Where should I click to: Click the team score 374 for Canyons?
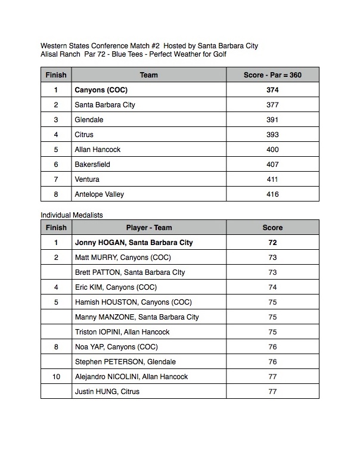pos(272,90)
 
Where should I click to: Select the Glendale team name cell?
pos(89,120)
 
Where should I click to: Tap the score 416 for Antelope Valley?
pos(272,194)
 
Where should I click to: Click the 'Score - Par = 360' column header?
pos(272,75)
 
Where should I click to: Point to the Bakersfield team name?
pos(92,165)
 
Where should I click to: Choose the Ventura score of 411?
pos(272,179)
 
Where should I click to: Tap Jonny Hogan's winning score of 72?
pos(272,243)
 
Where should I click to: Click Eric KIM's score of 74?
pos(272,287)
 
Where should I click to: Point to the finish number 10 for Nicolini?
pos(56,377)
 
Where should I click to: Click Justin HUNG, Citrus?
pos(107,392)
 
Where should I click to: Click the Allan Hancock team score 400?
pos(272,150)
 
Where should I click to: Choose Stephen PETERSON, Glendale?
pos(125,362)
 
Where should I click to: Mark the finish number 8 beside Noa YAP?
pos(56,347)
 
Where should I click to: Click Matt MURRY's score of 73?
pos(272,258)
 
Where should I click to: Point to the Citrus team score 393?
pos(272,135)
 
